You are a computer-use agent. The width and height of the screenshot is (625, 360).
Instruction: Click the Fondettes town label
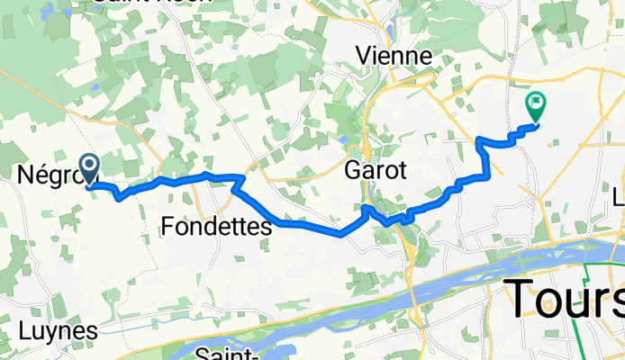tap(217, 229)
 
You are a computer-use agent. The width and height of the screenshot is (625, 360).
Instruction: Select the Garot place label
tap(377, 170)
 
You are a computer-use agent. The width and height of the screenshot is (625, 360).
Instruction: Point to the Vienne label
tap(394, 56)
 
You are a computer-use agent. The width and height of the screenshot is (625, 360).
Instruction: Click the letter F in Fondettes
tap(169, 229)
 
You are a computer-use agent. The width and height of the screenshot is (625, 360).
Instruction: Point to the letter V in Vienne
tap(364, 56)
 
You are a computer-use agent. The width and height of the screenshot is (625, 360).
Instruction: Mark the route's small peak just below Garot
tap(367, 208)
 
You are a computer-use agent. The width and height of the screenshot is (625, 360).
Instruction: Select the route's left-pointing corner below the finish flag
tap(477, 139)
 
